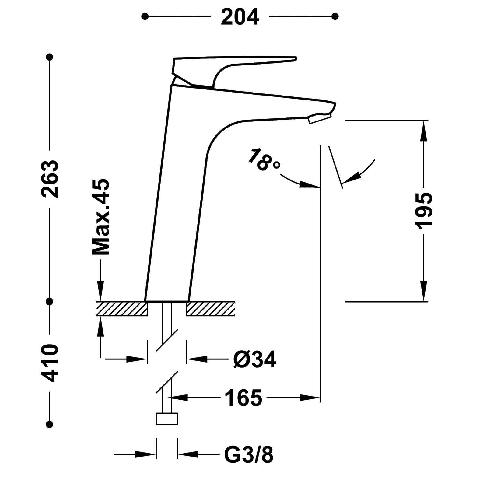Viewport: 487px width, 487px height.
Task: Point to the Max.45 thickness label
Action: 101,217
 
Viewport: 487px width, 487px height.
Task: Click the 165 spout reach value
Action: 243,397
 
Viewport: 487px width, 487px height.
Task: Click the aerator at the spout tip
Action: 320,119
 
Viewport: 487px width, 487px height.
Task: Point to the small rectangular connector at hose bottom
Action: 167,419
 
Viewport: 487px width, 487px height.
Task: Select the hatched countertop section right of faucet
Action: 211,309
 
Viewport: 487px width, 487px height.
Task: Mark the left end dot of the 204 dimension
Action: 147,16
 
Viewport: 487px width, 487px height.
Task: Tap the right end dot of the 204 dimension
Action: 335,16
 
